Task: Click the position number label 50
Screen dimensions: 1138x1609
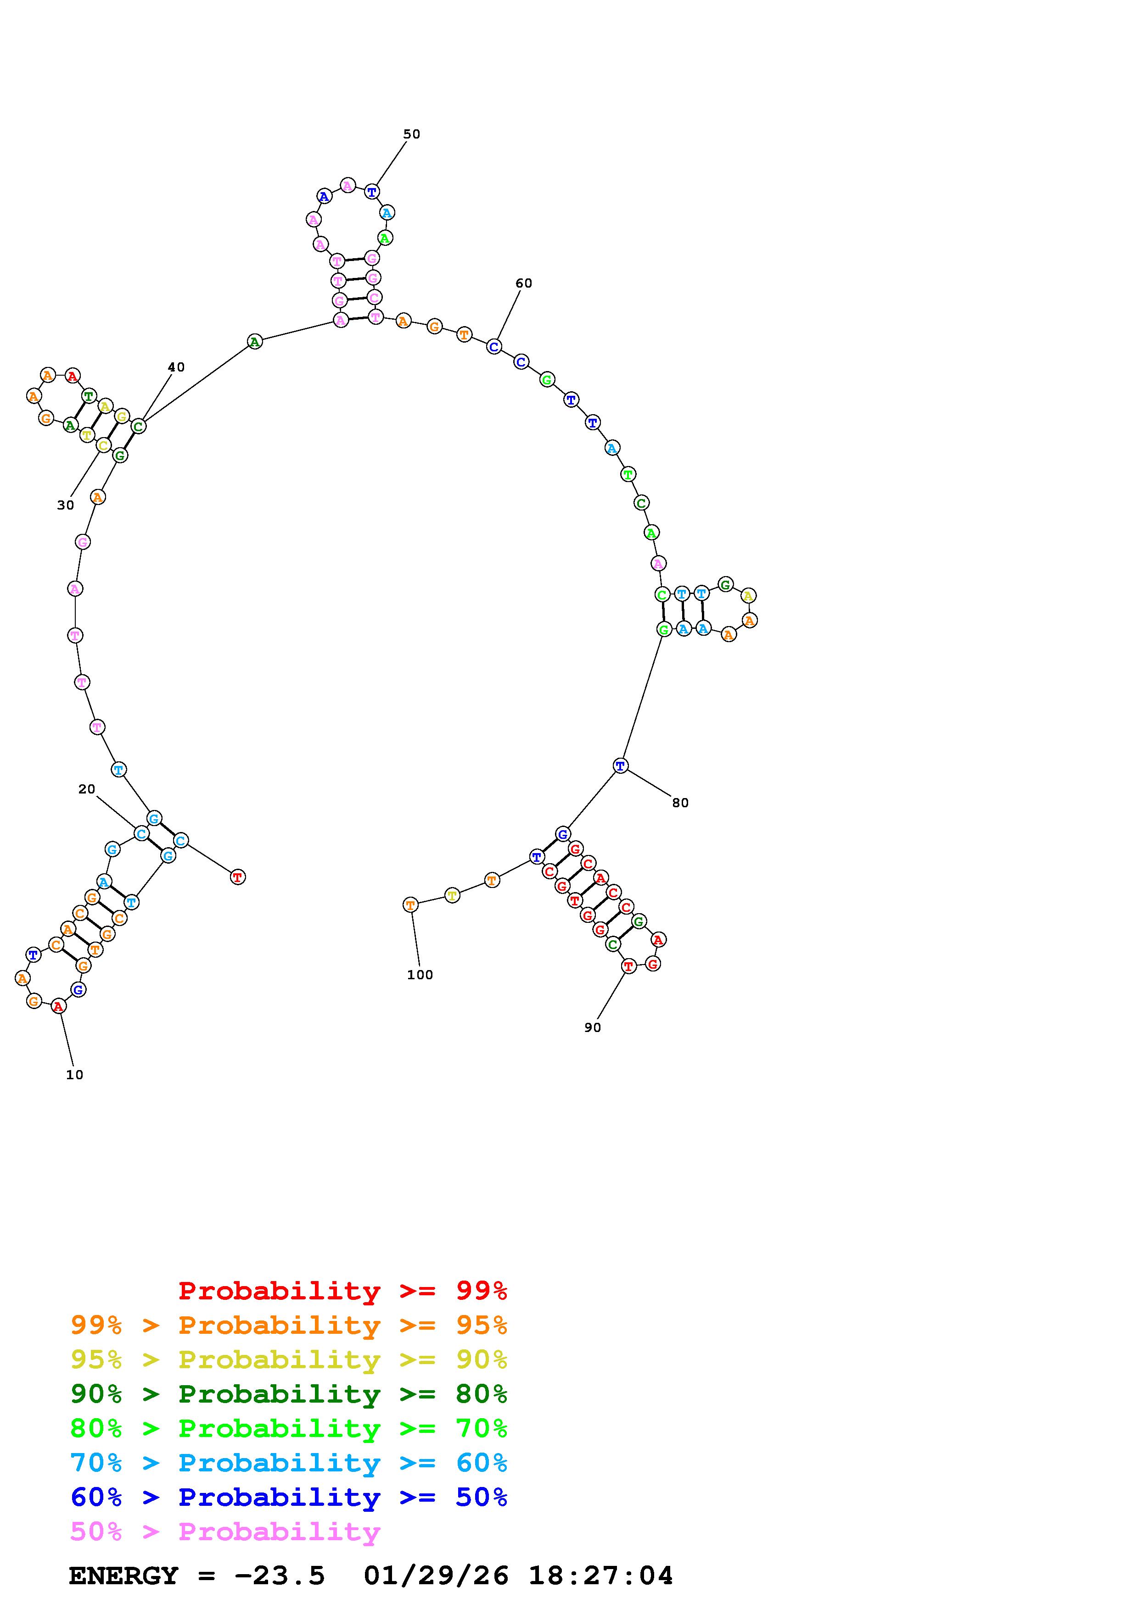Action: coord(412,134)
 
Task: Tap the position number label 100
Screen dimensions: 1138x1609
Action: coord(420,975)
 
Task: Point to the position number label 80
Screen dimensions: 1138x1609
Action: coord(680,803)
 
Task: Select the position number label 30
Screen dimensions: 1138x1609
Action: coord(65,505)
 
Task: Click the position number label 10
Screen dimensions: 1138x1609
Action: coord(74,1075)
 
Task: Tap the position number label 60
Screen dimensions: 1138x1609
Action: coord(524,283)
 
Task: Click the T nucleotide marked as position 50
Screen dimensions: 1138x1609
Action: coord(372,191)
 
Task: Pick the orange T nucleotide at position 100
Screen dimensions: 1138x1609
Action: coord(411,904)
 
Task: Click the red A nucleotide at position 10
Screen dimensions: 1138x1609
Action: coord(59,1006)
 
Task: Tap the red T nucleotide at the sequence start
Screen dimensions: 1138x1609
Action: coord(238,877)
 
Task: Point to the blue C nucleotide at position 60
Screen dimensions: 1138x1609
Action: coord(494,346)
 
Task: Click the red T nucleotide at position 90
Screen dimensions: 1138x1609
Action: coord(628,966)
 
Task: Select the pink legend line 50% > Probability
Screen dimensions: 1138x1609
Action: coord(225,1532)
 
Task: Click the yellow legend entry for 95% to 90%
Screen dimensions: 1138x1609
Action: coord(289,1359)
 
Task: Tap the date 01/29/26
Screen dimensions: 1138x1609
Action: coord(436,1576)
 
